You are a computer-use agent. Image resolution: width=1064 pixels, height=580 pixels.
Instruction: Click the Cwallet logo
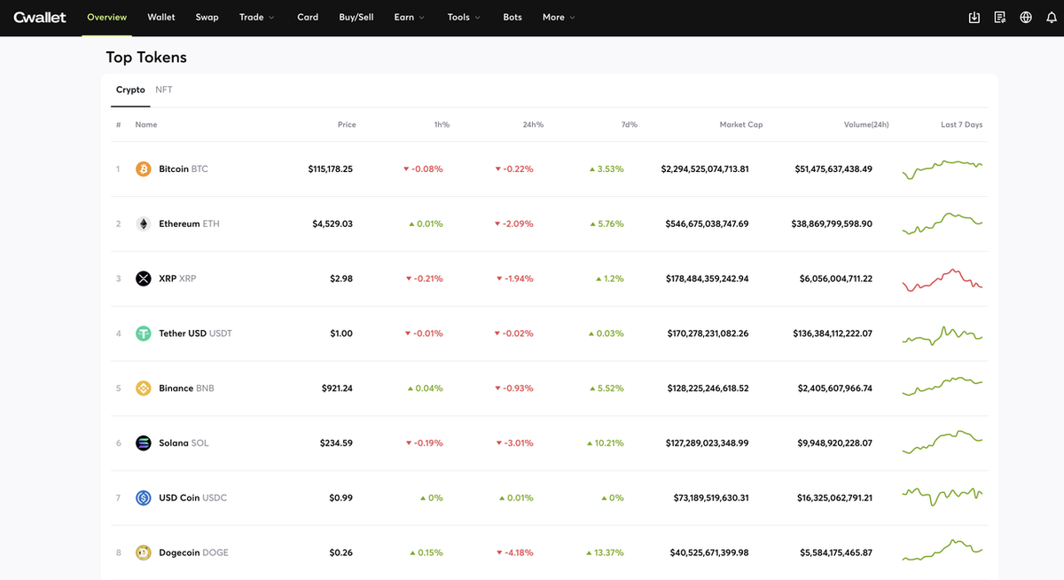click(39, 17)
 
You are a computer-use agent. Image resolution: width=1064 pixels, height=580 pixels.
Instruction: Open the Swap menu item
click(207, 17)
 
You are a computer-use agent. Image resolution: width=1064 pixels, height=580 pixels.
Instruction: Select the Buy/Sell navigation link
click(356, 17)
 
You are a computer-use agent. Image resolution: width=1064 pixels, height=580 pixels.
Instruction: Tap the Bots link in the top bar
click(512, 17)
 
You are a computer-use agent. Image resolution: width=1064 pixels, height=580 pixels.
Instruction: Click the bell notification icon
click(1052, 18)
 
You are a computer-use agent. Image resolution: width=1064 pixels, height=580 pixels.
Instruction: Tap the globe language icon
click(1026, 18)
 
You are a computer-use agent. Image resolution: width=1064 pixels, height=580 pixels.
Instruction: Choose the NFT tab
click(164, 90)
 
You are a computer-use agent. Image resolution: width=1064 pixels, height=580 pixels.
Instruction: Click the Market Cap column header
click(741, 124)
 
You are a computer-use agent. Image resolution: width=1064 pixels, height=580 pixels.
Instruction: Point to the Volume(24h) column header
click(866, 124)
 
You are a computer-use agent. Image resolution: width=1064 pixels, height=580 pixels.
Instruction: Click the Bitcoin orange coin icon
click(143, 169)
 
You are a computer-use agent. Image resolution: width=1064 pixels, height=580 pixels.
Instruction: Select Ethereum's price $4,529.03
click(332, 223)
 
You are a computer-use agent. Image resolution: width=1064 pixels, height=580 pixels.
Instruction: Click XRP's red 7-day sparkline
click(943, 279)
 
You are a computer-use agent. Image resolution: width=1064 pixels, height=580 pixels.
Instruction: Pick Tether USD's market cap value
click(708, 333)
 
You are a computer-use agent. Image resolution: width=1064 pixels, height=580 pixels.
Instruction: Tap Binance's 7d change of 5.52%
click(606, 388)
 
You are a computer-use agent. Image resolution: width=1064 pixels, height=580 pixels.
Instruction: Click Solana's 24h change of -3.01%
click(514, 443)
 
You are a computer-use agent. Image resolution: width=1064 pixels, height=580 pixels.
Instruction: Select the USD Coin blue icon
click(143, 498)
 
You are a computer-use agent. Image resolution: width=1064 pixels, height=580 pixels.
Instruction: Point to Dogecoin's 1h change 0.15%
click(426, 553)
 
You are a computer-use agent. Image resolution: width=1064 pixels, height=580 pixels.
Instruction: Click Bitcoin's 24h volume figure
click(833, 169)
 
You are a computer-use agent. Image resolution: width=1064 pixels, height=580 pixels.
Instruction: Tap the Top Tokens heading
click(146, 58)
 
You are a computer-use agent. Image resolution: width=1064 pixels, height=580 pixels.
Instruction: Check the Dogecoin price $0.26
click(341, 553)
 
